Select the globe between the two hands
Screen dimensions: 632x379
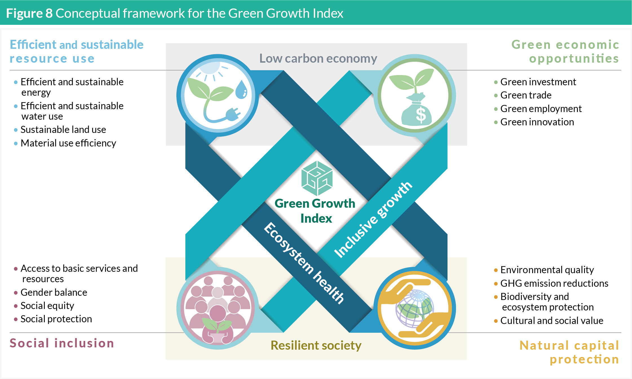[414, 308]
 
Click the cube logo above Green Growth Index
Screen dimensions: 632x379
[317, 178]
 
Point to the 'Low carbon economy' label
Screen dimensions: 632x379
[318, 58]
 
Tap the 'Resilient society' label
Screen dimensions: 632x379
[316, 345]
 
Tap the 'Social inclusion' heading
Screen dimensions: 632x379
[62, 343]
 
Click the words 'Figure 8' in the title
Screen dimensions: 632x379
[29, 13]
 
